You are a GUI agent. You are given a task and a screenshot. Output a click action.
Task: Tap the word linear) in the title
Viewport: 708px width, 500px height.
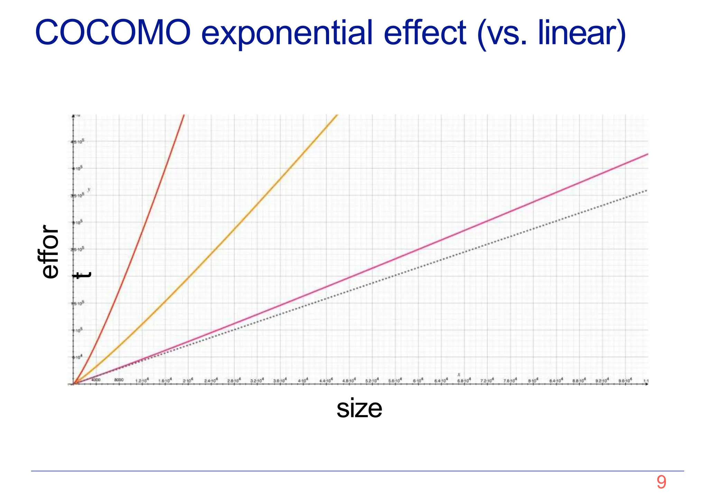[582, 33]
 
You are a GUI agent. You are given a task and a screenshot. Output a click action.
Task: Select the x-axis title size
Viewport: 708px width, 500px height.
[359, 408]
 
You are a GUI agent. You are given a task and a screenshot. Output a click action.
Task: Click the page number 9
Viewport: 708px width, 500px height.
[661, 482]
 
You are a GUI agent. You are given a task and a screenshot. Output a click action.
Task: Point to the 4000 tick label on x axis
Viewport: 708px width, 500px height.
[96, 380]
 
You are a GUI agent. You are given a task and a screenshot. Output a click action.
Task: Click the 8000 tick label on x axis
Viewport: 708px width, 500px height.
[119, 380]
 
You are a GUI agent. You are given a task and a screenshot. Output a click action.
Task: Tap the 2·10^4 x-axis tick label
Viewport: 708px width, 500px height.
[188, 380]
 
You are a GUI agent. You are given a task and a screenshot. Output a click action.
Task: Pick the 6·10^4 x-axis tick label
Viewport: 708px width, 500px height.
[418, 380]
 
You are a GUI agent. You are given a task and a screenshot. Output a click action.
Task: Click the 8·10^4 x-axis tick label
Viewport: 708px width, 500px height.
[533, 380]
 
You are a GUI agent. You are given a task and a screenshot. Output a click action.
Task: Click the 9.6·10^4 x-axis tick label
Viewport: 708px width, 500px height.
[625, 380]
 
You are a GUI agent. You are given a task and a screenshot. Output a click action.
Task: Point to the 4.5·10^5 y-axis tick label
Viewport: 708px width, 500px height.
[78, 142]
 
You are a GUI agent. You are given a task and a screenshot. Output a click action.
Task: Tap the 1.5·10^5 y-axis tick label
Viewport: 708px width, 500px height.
[78, 303]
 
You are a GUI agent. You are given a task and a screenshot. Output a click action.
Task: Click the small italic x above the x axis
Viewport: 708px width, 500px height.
[459, 375]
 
